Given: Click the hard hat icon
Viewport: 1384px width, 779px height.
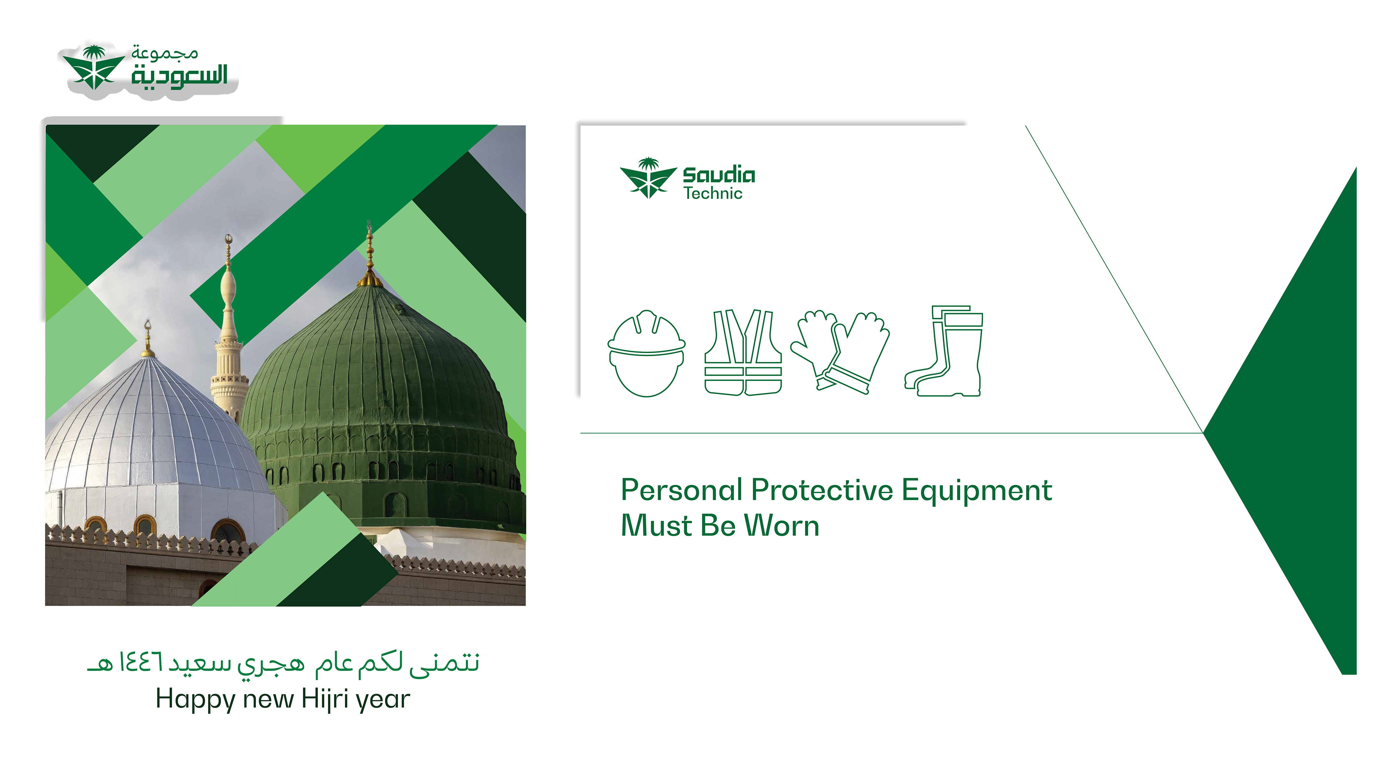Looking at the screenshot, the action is click(647, 353).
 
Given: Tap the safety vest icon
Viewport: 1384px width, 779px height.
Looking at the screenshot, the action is click(744, 352).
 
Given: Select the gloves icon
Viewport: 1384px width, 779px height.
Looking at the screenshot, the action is click(840, 352).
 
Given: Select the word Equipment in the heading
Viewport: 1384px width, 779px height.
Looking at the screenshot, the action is click(977, 491).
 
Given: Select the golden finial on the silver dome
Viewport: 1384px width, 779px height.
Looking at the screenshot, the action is click(148, 339).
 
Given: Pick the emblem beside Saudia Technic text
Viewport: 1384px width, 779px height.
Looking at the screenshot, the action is click(648, 178).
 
